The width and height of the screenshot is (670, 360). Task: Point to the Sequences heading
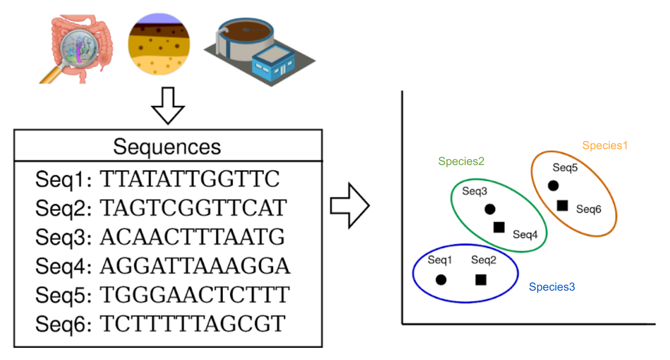point(167,146)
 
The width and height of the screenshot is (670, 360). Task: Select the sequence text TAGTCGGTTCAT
point(193,208)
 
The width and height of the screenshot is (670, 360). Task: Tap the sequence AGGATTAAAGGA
point(195,266)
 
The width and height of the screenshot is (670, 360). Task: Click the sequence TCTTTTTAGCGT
point(193,324)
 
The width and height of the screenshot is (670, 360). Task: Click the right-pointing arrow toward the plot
point(350,205)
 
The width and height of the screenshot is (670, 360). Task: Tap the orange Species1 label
point(605,146)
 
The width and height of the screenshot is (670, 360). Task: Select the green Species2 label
point(461,161)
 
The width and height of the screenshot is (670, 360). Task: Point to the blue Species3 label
point(552,287)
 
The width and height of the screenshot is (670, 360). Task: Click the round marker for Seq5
point(553,185)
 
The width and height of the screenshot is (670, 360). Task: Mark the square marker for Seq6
point(562,205)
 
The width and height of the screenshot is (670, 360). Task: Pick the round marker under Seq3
point(490,209)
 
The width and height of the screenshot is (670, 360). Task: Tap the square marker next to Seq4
point(499,227)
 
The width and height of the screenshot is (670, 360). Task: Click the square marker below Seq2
point(481,280)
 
